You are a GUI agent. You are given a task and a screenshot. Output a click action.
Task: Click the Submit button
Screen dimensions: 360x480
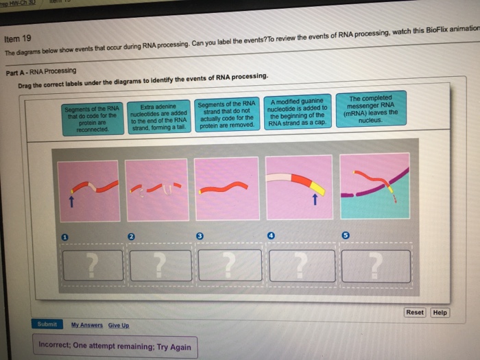[48, 324]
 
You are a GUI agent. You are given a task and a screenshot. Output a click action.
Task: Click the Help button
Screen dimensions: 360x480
[440, 313]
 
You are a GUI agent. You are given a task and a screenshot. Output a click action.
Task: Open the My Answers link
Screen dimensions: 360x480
[86, 325]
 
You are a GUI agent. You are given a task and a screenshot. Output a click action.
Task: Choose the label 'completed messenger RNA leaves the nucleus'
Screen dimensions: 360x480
[372, 109]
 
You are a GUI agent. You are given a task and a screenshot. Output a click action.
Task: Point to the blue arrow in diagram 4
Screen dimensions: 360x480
[314, 200]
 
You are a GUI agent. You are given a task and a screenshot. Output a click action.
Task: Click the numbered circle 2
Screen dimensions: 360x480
[130, 236]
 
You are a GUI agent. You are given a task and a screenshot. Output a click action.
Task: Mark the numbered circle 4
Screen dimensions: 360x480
[272, 235]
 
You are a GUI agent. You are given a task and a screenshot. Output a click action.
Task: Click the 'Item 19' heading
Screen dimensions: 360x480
[18, 40]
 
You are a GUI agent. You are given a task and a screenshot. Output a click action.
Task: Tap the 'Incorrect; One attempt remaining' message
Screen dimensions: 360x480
[115, 346]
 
